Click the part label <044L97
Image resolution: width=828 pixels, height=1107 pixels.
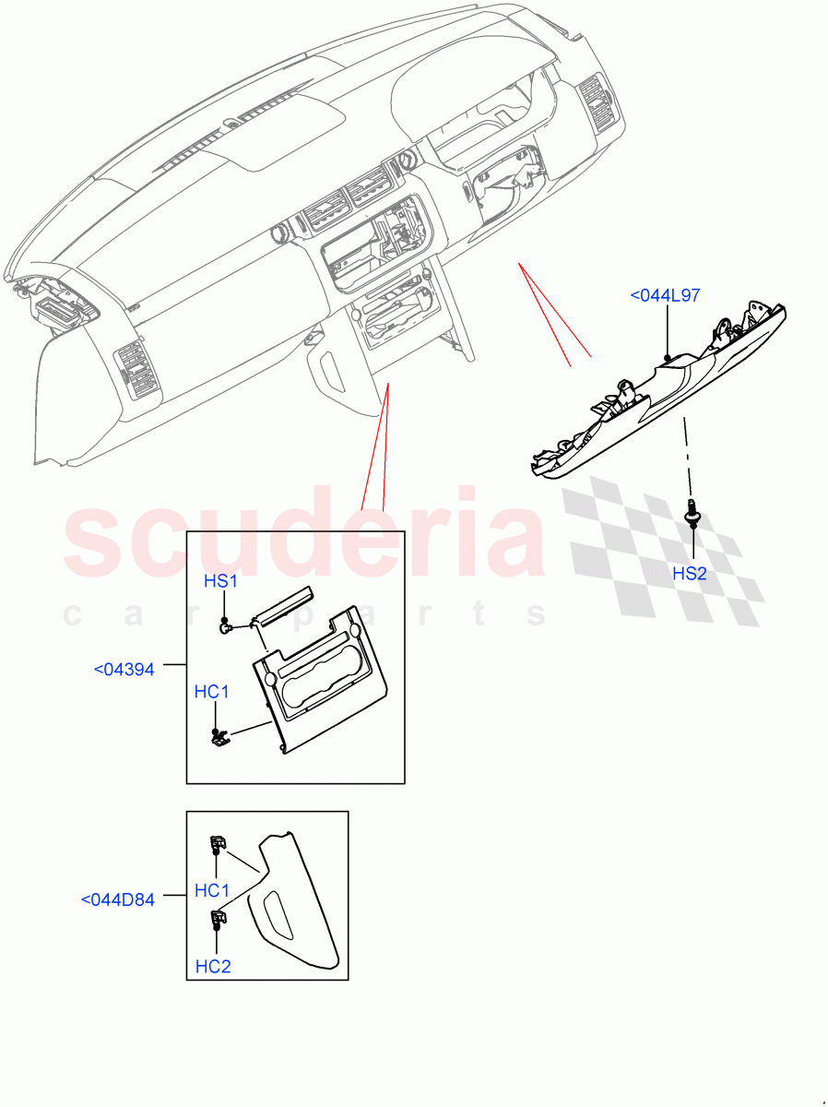(x=664, y=296)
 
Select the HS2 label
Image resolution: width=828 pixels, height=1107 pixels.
(x=689, y=574)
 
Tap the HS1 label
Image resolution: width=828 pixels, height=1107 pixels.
(x=220, y=582)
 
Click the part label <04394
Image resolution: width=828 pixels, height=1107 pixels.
(x=124, y=669)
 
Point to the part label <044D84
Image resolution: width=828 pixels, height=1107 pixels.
(x=117, y=899)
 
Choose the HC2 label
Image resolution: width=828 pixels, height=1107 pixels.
(x=212, y=966)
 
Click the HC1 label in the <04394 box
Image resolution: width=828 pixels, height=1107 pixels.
(x=211, y=691)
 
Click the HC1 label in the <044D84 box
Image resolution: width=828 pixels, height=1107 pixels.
(x=212, y=890)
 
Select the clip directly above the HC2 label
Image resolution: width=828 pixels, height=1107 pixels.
(x=219, y=918)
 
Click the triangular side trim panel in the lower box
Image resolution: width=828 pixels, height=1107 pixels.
(x=295, y=904)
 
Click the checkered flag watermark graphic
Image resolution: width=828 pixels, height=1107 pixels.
(x=664, y=544)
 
